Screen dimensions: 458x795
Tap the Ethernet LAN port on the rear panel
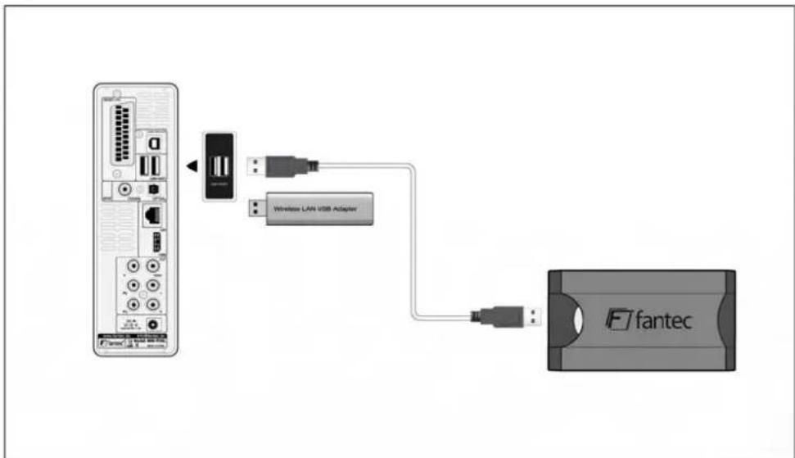tap(152, 214)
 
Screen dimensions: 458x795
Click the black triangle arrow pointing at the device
tap(191, 166)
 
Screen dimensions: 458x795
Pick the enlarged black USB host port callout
tap(219, 165)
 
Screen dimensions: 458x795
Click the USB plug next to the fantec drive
tap(508, 314)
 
